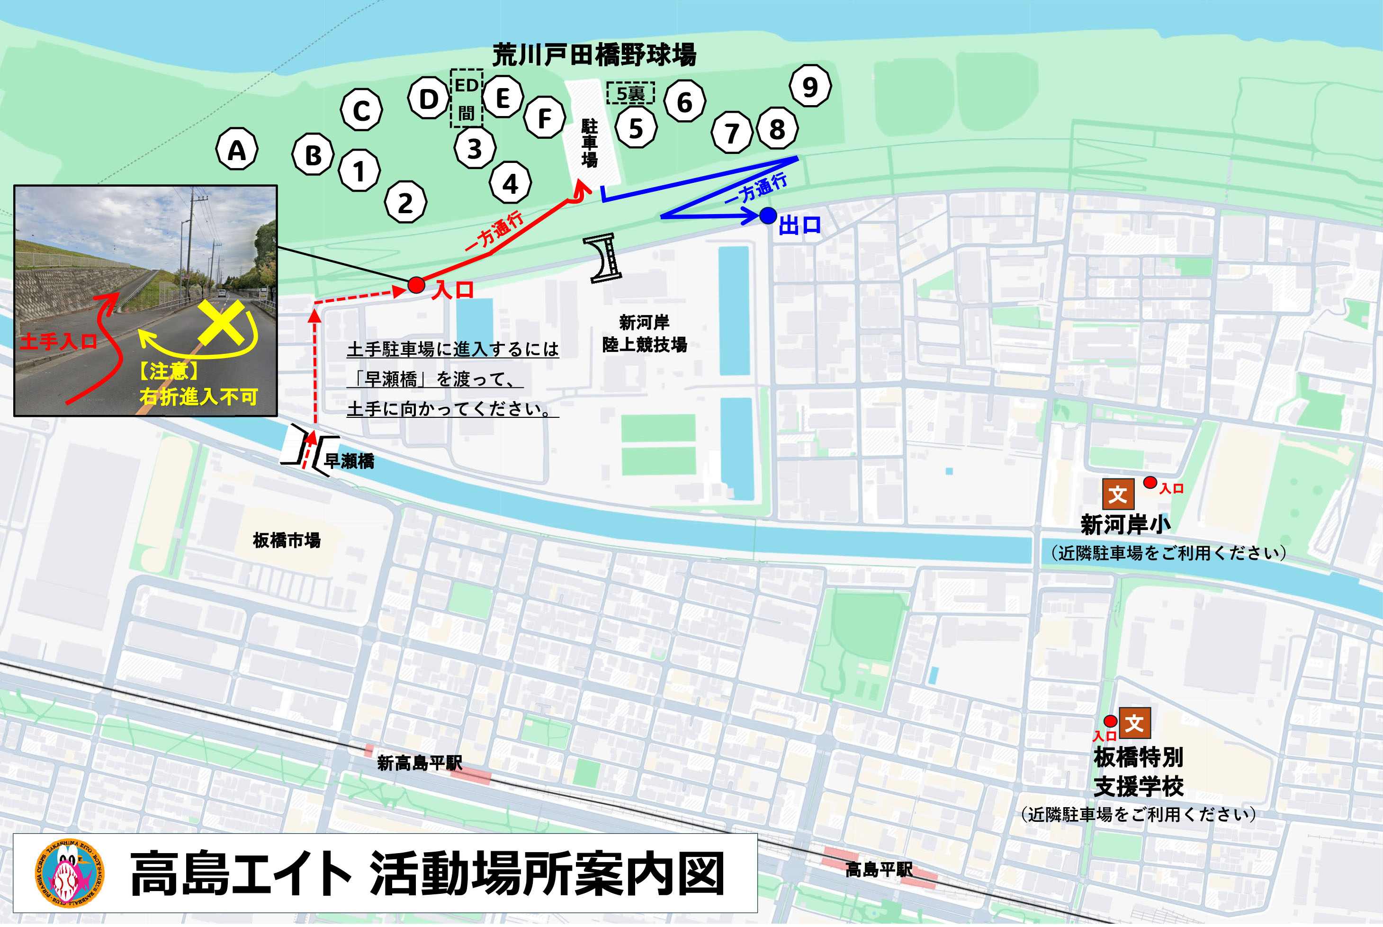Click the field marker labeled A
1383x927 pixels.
pyautogui.click(x=236, y=150)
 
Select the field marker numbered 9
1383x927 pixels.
pyautogui.click(x=810, y=86)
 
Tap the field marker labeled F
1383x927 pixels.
pyautogui.click(x=544, y=117)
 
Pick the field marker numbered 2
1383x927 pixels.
pyautogui.click(x=405, y=202)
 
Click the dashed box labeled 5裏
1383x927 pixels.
pyautogui.click(x=630, y=93)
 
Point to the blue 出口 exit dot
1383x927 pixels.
pyautogui.click(x=768, y=216)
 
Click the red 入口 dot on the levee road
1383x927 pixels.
pyautogui.click(x=416, y=286)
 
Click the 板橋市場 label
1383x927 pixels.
pyautogui.click(x=287, y=540)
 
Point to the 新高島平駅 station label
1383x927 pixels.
pyautogui.click(x=420, y=763)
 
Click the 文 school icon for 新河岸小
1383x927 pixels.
pyautogui.click(x=1118, y=494)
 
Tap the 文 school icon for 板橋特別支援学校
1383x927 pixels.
pyautogui.click(x=1135, y=723)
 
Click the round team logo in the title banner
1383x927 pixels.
pyautogui.click(x=70, y=873)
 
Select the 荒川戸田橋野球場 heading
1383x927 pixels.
pyautogui.click(x=594, y=55)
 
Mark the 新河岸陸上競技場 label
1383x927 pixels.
pyautogui.click(x=644, y=333)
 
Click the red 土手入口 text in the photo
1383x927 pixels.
pyautogui.click(x=58, y=342)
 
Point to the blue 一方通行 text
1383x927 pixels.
pyautogui.click(x=756, y=189)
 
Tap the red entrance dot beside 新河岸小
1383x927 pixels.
pyautogui.click(x=1150, y=482)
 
